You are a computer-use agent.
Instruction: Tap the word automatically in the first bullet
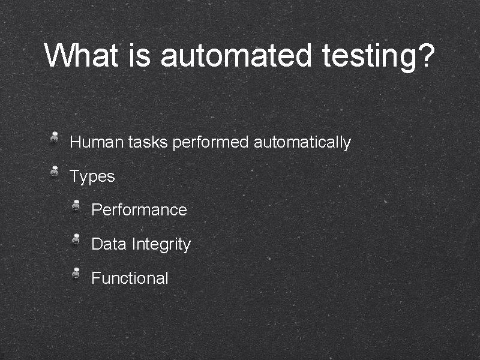click(302, 143)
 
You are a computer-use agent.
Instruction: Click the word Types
click(92, 177)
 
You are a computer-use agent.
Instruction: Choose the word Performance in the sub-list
click(139, 210)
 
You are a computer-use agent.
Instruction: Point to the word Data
click(109, 244)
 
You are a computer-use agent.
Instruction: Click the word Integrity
click(161, 245)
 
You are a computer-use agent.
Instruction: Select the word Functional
click(130, 278)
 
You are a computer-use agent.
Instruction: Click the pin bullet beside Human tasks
click(54, 137)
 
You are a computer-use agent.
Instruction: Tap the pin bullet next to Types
click(54, 171)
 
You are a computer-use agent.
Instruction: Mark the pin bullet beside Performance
click(76, 205)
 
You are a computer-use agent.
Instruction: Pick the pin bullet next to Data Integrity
click(76, 239)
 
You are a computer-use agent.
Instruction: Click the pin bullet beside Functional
click(76, 272)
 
